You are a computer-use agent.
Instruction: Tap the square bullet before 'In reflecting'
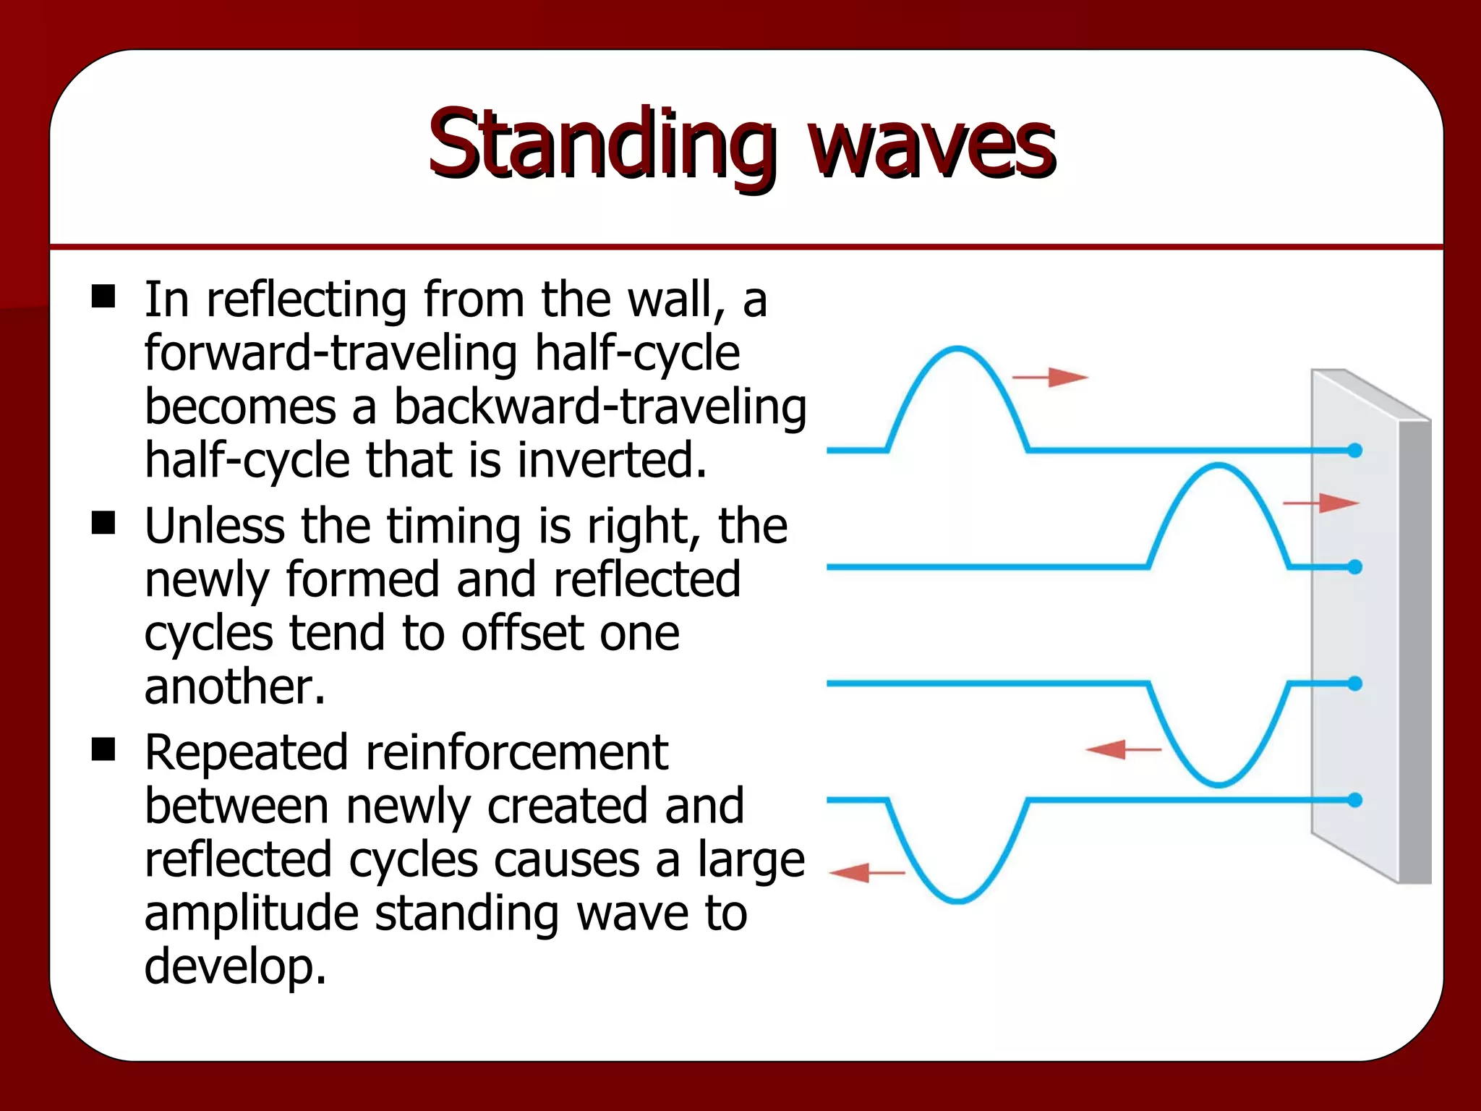pos(103,297)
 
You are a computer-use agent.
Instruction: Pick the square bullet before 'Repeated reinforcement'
pos(103,750)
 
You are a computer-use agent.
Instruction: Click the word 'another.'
pos(235,686)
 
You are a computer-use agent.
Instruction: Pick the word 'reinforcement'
pos(516,752)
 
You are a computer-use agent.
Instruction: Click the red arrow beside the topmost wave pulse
pos(1049,377)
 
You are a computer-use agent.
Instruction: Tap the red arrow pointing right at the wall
pos(1320,503)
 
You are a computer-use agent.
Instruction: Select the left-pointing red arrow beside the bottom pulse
pos(867,873)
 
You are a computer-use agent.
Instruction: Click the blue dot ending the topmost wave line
pos(1355,451)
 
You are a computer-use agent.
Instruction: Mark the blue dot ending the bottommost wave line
pos(1355,800)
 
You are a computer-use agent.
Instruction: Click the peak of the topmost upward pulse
pos(957,349)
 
